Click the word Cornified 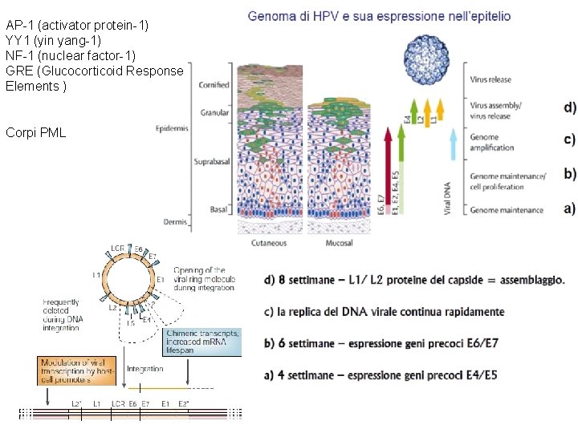213,85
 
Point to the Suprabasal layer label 212,162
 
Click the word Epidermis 172,128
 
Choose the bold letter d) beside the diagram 569,107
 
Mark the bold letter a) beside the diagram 569,208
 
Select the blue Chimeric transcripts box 201,340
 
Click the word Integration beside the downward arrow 145,369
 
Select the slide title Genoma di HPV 378,15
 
